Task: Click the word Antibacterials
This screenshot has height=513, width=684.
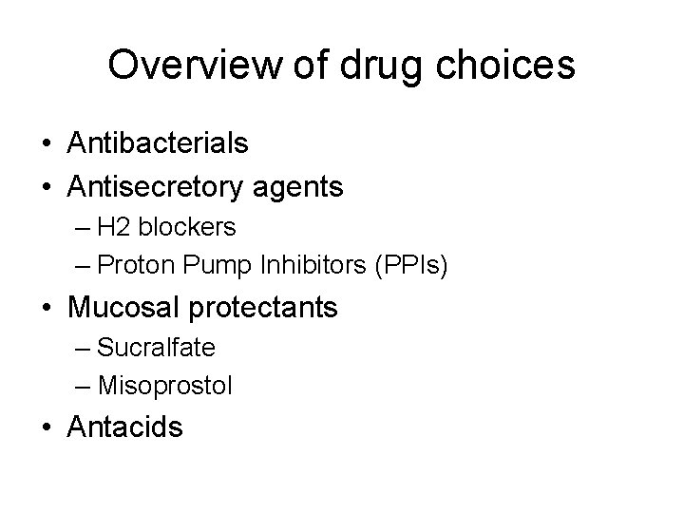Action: point(159,143)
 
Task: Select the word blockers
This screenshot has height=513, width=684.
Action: point(191,228)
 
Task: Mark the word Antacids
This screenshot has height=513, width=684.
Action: point(125,427)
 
